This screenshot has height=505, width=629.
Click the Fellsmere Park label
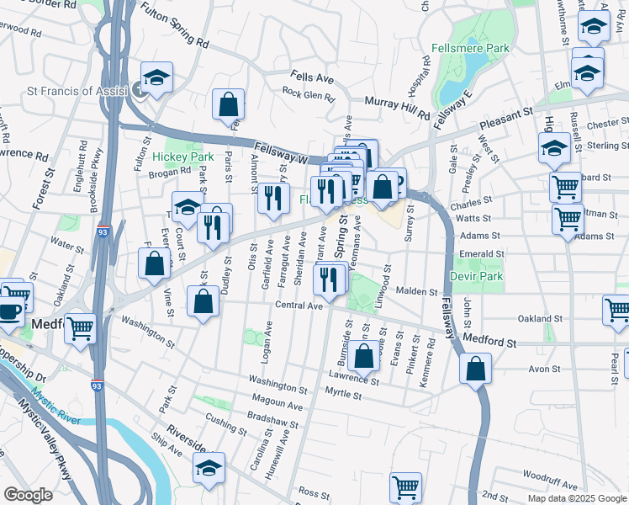pos(470,48)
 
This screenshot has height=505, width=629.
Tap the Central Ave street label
pos(299,306)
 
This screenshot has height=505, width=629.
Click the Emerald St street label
pos(481,253)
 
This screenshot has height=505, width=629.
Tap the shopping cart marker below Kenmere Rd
pos(405,487)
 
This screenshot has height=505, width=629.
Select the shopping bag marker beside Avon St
pos(475,368)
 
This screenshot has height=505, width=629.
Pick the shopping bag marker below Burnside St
pos(364,358)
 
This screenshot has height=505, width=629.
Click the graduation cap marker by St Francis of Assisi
pos(156,78)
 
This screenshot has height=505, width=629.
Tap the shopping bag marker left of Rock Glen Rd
pos(228,104)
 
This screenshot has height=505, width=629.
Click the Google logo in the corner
pos(28,494)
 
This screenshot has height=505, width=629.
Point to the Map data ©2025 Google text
pos(576,498)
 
